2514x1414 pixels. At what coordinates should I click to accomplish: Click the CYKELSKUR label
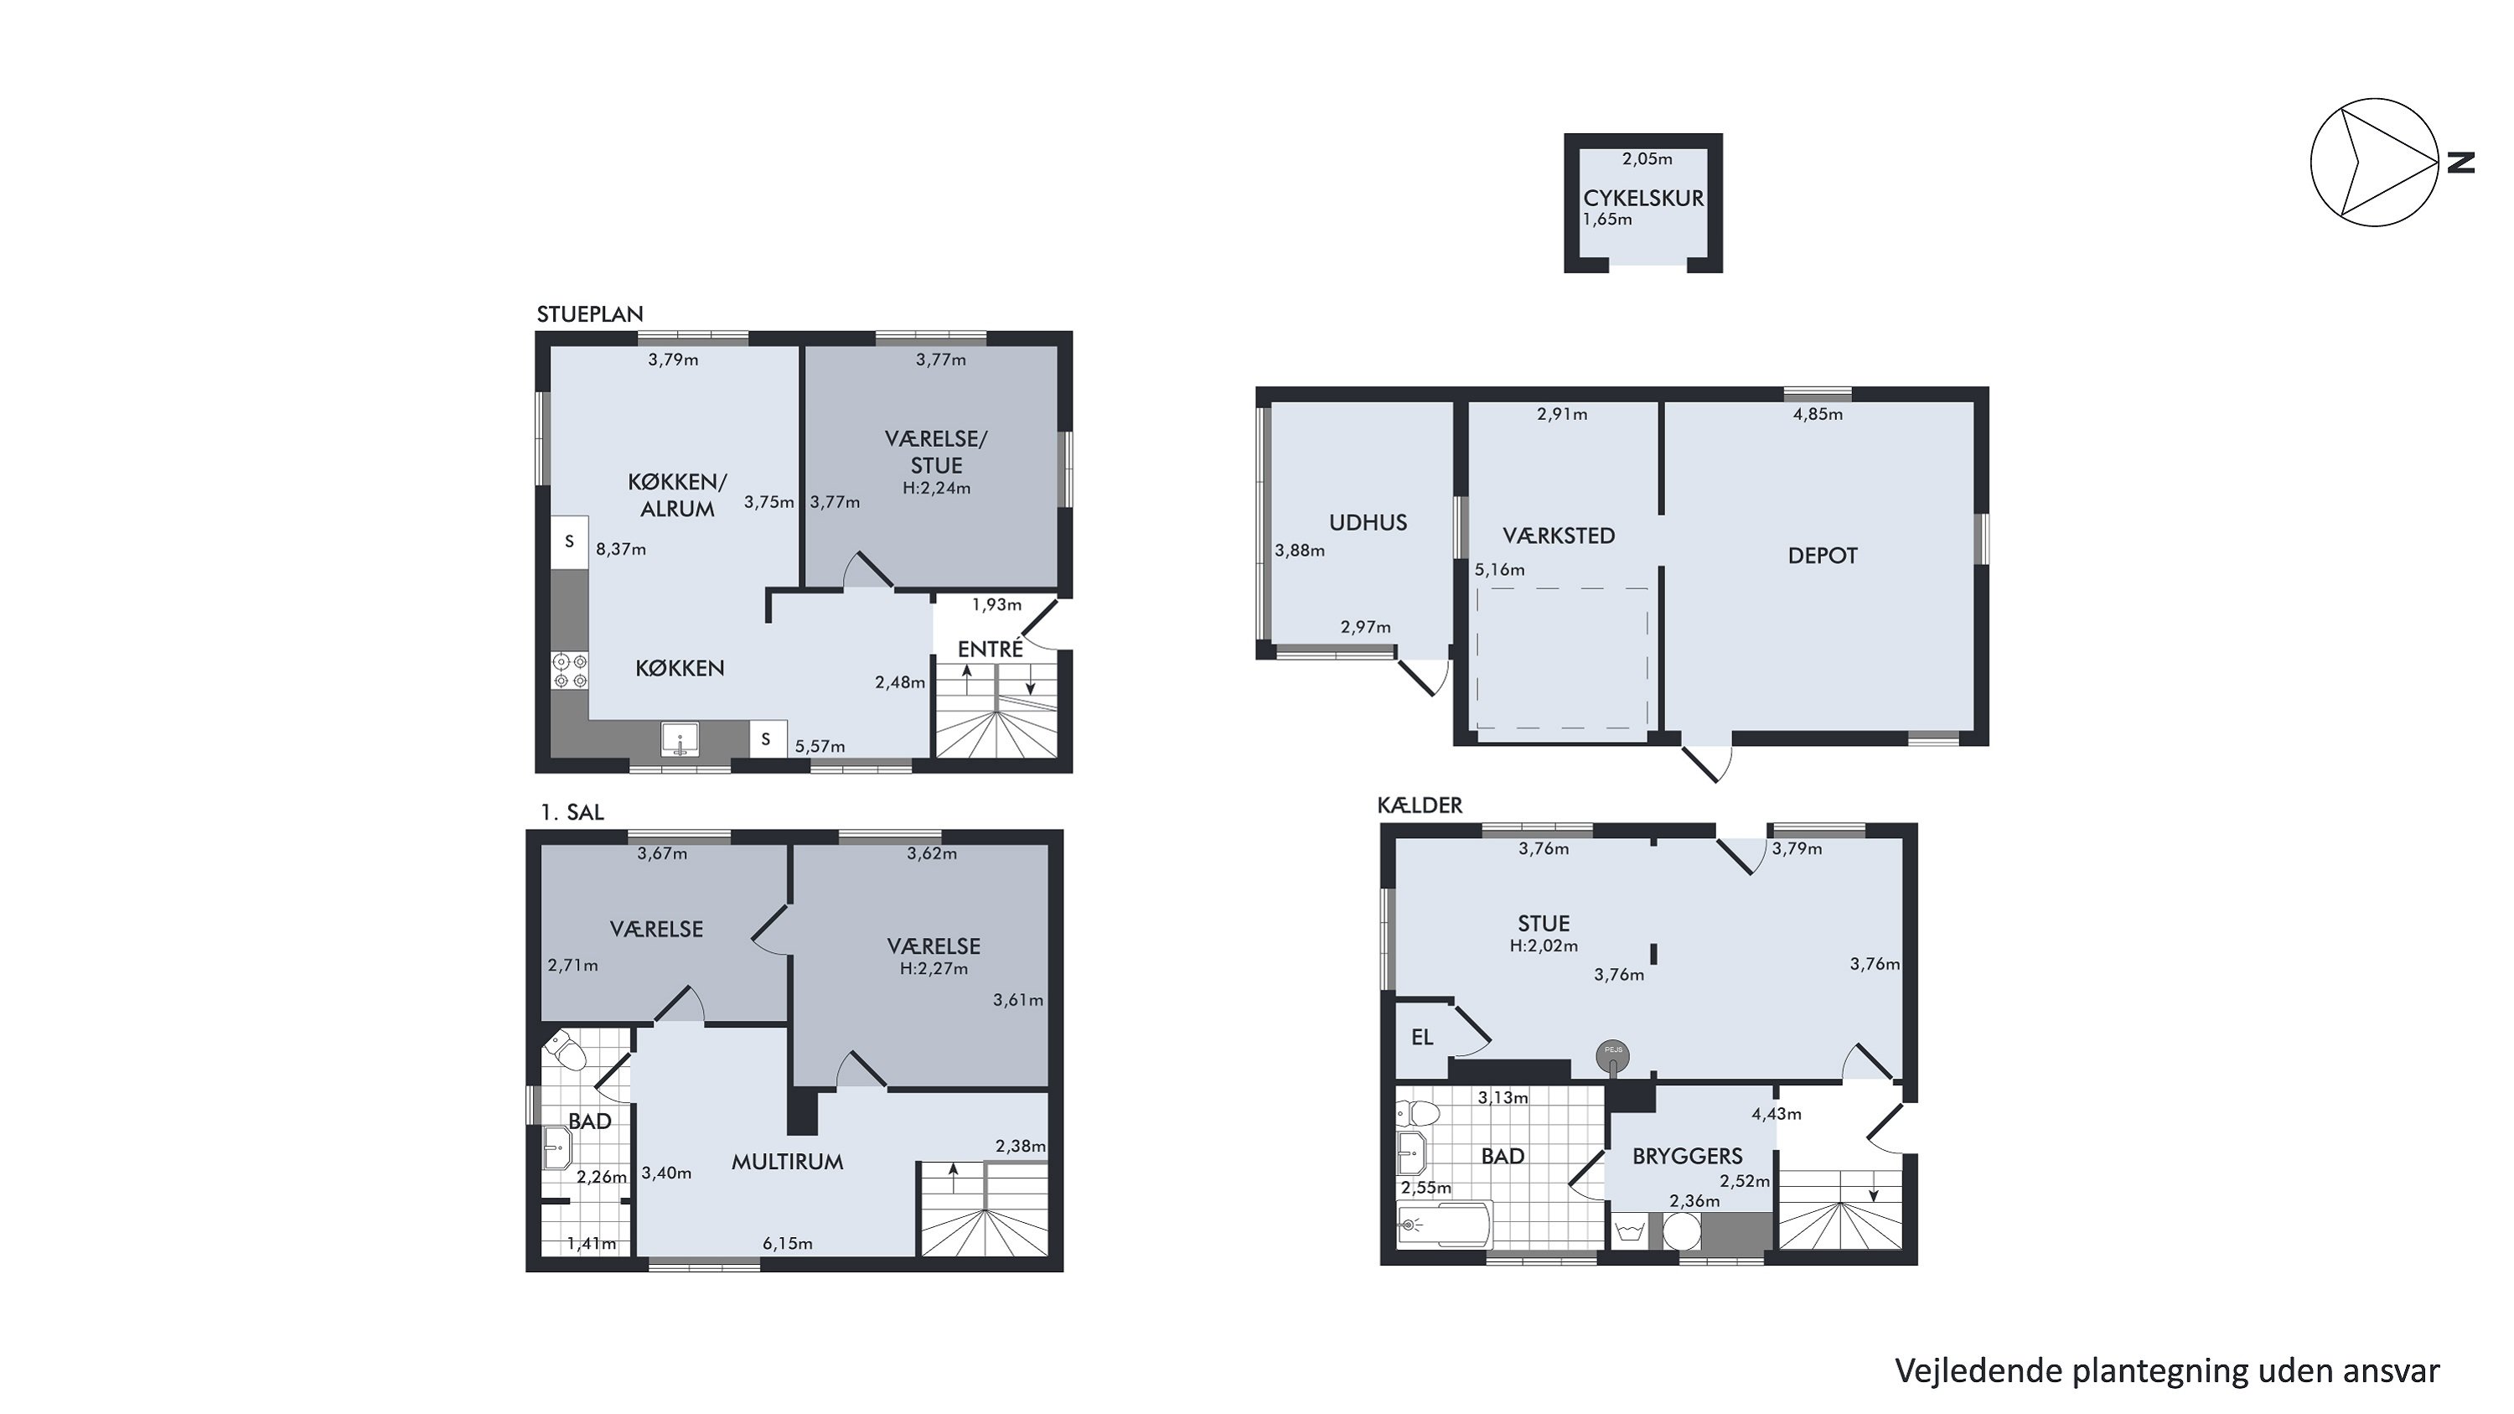pos(1643,198)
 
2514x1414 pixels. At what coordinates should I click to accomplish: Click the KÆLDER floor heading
pos(1420,805)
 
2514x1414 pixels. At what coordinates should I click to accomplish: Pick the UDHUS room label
pos(1368,522)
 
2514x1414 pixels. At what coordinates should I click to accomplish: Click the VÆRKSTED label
pos(1559,536)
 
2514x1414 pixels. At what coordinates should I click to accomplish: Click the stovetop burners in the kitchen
pos(570,671)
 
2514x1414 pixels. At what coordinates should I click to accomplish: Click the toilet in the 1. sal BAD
pos(566,1052)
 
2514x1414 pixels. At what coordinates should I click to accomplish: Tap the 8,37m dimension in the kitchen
pos(621,549)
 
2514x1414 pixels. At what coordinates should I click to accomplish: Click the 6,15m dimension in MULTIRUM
pos(788,1244)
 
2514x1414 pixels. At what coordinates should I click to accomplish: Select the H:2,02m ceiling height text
pos(1544,945)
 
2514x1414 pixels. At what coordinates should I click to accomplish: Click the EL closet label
pos(1422,1038)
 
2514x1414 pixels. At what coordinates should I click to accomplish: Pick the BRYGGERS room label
pos(1688,1157)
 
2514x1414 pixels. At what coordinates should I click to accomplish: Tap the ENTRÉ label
pos(990,649)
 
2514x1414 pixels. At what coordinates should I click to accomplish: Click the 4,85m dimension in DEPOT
pos(1818,414)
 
